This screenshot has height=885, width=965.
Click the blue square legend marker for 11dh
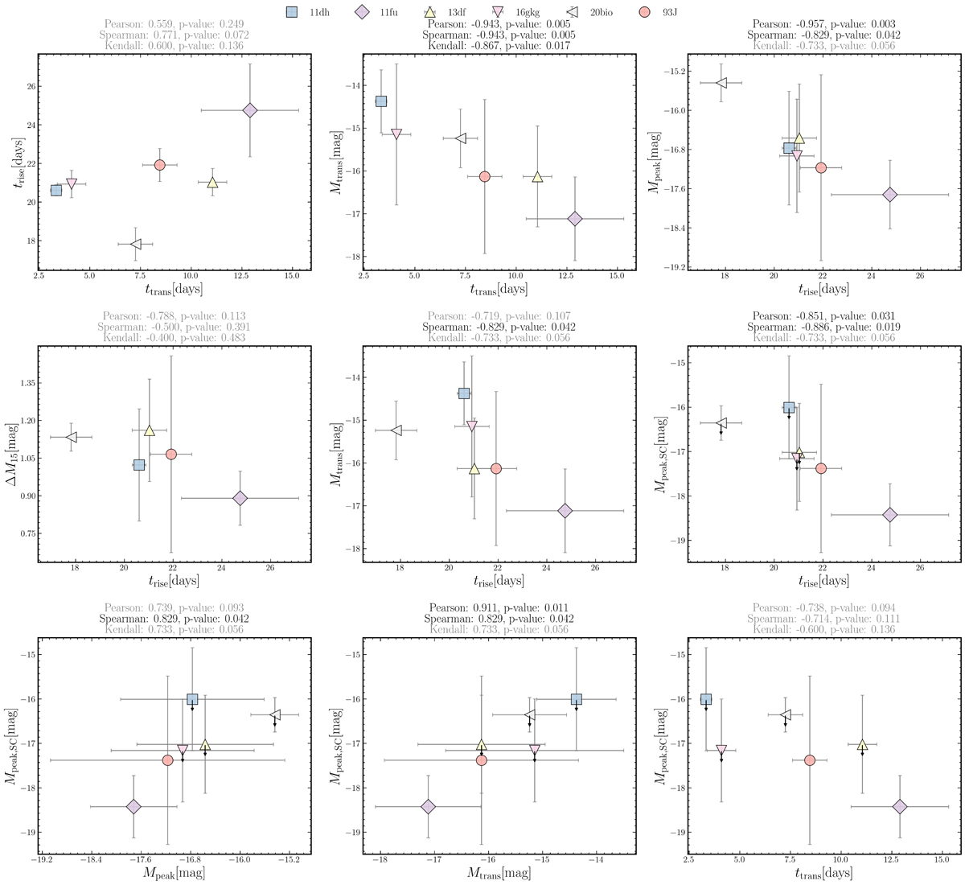click(292, 13)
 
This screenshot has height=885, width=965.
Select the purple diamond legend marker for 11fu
click(361, 13)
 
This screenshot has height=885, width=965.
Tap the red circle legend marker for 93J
click(644, 13)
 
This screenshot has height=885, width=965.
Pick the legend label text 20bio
click(602, 13)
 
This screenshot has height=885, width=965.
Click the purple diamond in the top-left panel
click(249, 110)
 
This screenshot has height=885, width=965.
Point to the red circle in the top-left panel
click(160, 165)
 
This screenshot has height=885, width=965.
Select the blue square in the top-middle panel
click(381, 101)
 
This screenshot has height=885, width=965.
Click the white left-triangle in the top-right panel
click(721, 83)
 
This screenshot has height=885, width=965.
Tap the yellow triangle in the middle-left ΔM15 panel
click(149, 430)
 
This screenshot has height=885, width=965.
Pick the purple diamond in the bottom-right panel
click(900, 806)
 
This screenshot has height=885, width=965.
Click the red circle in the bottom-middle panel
click(481, 760)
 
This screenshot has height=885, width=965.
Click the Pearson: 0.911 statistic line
click(499, 607)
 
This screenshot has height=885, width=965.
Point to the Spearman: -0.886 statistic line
click(823, 327)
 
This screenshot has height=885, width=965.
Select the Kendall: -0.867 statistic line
click(499, 46)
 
